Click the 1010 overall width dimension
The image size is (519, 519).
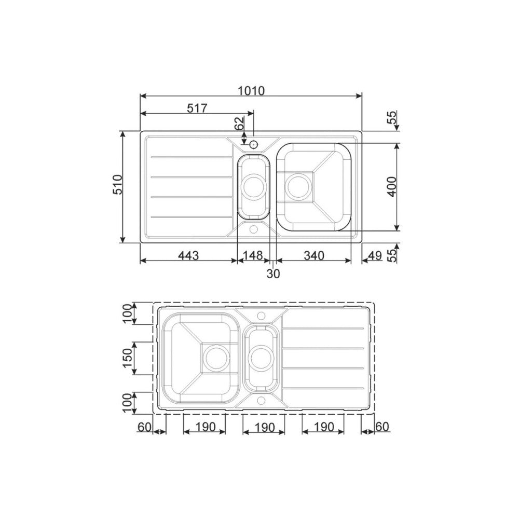pyautogui.click(x=251, y=90)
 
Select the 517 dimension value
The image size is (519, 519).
pyautogui.click(x=197, y=108)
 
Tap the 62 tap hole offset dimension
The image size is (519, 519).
pyautogui.click(x=239, y=124)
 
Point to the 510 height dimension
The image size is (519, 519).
pyautogui.click(x=117, y=184)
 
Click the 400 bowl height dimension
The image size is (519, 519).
pyautogui.click(x=392, y=187)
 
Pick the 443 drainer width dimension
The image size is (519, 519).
pyautogui.click(x=189, y=255)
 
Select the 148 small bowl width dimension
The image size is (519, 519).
pyautogui.click(x=253, y=255)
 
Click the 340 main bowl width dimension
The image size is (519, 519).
pyautogui.click(x=313, y=255)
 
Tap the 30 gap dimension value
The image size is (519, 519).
pyautogui.click(x=273, y=274)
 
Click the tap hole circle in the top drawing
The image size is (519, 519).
pyautogui.click(x=254, y=143)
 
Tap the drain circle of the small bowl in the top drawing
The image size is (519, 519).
pyautogui.click(x=254, y=186)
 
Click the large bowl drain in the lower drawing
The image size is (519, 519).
pyautogui.click(x=215, y=358)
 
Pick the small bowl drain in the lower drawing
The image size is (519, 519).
pyautogui.click(x=261, y=358)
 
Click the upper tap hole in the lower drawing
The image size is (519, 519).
pyautogui.click(x=261, y=315)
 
